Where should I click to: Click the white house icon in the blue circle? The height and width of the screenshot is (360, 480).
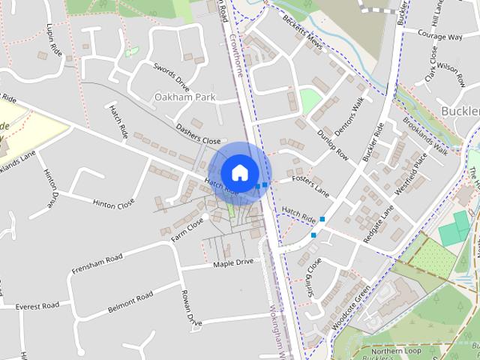239,172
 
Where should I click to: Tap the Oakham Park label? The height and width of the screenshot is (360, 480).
184,97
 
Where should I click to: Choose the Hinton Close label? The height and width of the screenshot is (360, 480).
113,202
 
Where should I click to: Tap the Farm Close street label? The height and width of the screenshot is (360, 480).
187,226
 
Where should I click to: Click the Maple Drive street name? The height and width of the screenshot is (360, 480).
233,263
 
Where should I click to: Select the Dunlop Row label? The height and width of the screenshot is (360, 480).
331,144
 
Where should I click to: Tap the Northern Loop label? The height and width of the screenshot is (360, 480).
396,350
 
